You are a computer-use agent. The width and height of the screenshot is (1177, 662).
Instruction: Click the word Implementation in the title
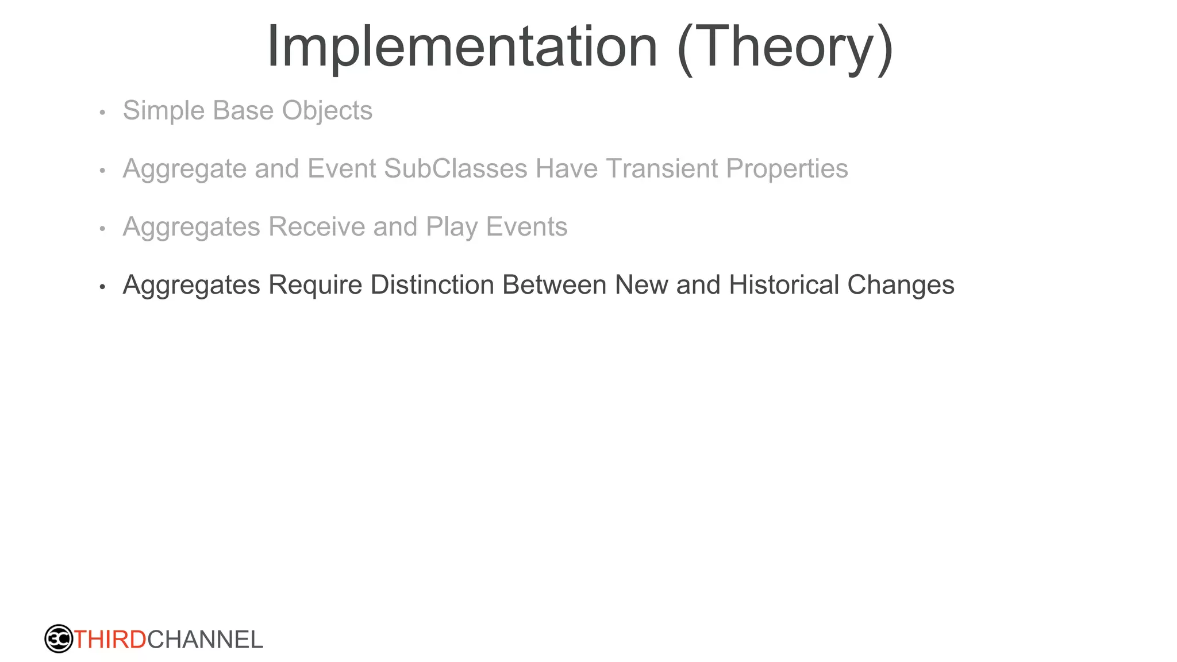pyautogui.click(x=462, y=47)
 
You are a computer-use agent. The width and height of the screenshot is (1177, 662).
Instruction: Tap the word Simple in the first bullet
pyautogui.click(x=164, y=110)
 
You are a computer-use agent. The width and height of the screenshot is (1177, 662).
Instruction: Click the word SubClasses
pyautogui.click(x=455, y=168)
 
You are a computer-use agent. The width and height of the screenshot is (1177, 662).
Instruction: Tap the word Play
pyautogui.click(x=452, y=228)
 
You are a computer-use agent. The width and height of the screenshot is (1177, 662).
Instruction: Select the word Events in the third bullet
pyautogui.click(x=526, y=226)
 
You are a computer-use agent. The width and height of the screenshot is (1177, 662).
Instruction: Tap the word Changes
pyautogui.click(x=901, y=285)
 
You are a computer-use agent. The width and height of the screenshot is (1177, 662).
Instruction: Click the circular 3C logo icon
pyautogui.click(x=59, y=638)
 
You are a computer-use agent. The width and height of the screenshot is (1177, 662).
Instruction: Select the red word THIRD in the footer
pyautogui.click(x=110, y=640)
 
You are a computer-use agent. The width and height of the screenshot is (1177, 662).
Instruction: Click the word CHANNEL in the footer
pyautogui.click(x=205, y=640)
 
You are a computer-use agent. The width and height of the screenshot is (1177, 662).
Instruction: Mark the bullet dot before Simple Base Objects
pyautogui.click(x=102, y=112)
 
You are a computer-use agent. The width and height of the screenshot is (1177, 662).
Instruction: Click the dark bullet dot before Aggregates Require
pyautogui.click(x=102, y=286)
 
